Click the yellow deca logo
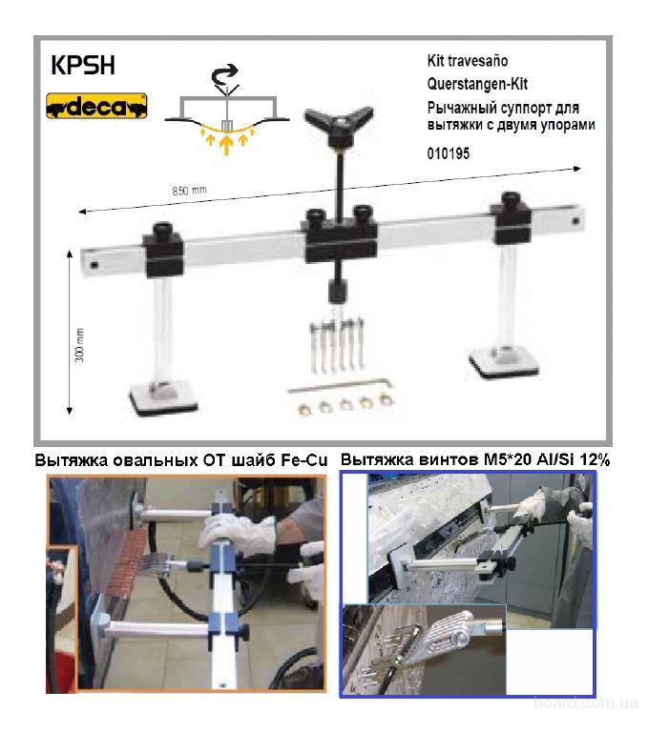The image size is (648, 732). click(96, 106)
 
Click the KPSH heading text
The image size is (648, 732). click(83, 66)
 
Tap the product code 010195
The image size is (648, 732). click(449, 153)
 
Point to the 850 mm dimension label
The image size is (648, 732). click(189, 191)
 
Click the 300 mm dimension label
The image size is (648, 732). click(80, 345)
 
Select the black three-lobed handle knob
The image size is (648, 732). click(339, 122)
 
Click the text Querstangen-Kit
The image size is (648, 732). click(477, 84)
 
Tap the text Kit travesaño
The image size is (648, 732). click(468, 61)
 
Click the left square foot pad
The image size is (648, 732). click(163, 396)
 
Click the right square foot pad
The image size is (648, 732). click(505, 360)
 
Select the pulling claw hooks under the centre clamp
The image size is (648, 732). click(337, 344)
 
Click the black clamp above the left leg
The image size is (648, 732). click(163, 251)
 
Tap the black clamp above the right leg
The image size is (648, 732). click(510, 218)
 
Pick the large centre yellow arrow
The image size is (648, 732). click(226, 144)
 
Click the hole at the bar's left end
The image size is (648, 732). click(94, 265)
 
